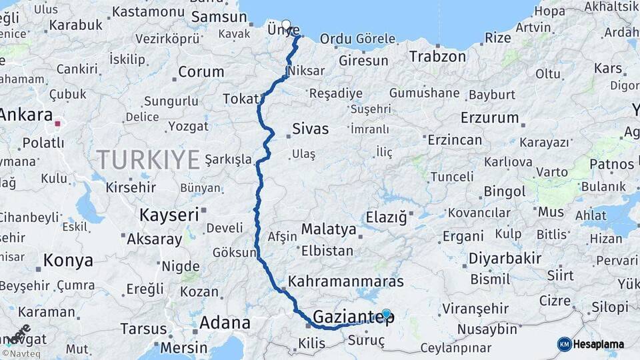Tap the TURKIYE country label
tap(148, 160)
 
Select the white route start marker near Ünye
tap(286, 25)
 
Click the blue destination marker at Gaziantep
tap(386, 313)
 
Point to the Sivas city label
tap(310, 128)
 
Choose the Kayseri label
tap(169, 215)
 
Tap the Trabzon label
tap(437, 56)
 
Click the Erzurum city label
tap(489, 118)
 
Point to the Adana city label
tap(225, 323)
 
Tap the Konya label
tap(68, 261)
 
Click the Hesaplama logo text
tap(597, 345)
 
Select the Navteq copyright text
tap(20, 353)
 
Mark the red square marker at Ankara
tap(58, 123)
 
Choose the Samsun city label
tap(219, 17)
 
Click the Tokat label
tap(239, 99)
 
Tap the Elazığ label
tap(386, 217)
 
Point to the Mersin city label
tap(184, 347)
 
